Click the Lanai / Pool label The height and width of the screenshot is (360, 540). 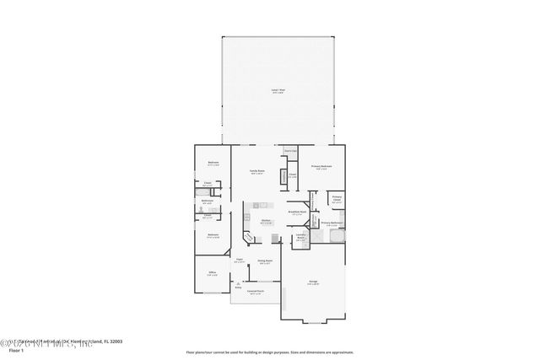[x=277, y=89]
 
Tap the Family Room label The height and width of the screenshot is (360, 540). [x=256, y=171]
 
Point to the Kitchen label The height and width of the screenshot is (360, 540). [x=265, y=221]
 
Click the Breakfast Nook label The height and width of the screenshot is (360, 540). [x=297, y=212]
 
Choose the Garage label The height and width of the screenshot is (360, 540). [x=312, y=282]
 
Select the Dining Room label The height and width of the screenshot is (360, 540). [x=264, y=261]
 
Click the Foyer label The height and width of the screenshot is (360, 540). [x=240, y=259]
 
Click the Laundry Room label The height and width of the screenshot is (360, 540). [x=300, y=237]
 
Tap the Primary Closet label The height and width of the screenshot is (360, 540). [x=336, y=197]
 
